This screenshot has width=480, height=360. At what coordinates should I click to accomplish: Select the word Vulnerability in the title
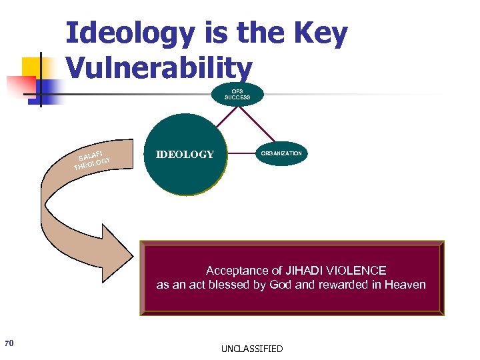(x=159, y=67)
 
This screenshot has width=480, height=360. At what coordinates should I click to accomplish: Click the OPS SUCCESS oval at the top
(x=237, y=94)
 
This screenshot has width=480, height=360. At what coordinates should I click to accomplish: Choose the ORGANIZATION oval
(x=281, y=153)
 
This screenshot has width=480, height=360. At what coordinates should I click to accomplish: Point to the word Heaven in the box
(x=403, y=285)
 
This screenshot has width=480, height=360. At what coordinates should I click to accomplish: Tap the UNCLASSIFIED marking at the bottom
(x=252, y=349)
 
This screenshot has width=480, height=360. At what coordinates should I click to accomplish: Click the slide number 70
(x=9, y=343)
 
